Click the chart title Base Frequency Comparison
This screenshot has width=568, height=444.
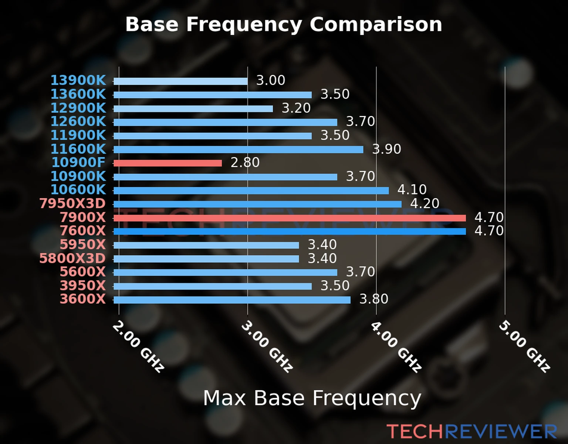point(284,24)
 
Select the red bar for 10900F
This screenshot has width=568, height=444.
point(168,163)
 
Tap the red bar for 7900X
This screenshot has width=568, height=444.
point(289,218)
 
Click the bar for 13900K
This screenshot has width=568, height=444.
point(180,81)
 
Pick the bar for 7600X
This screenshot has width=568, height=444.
point(289,232)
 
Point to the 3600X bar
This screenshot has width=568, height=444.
point(232,300)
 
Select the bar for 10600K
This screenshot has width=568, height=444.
point(251,191)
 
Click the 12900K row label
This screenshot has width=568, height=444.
point(78,108)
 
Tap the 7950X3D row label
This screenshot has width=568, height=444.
point(72,203)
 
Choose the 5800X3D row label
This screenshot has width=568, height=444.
point(72,258)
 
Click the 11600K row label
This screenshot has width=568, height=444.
point(78,149)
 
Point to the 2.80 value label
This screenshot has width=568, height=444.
point(245,162)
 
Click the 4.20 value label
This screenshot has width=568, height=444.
point(425,203)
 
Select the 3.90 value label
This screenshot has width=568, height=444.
point(386,149)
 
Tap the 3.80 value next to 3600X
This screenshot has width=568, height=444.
point(373,299)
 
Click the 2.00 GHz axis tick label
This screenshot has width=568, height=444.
point(138,346)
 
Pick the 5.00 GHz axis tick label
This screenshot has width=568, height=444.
point(524,346)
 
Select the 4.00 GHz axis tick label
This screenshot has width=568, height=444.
point(396,346)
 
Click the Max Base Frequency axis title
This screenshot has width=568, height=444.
point(312,398)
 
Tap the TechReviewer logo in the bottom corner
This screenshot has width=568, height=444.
point(471,431)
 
